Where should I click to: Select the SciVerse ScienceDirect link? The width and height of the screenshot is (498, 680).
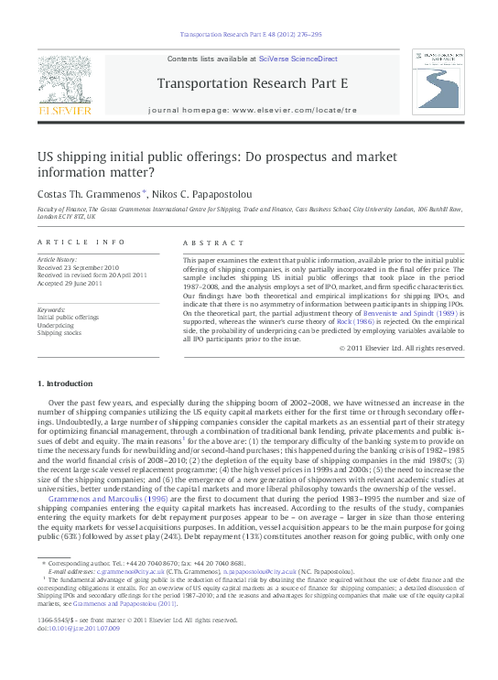pos(298,59)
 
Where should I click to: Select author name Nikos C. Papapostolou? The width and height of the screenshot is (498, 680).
pos(203,194)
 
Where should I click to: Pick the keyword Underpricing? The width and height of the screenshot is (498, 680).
pos(56,325)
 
